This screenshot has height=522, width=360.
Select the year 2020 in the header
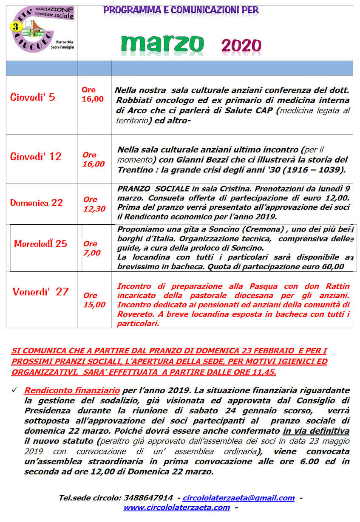(x=241, y=45)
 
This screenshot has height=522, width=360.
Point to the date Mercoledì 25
(x=41, y=244)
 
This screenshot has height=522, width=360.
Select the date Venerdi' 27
(x=40, y=292)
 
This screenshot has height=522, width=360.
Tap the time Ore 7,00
(x=91, y=248)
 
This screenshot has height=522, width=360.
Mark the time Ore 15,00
(x=94, y=300)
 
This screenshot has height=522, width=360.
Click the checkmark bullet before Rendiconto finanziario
(x=15, y=390)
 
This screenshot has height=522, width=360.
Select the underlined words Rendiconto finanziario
(x=73, y=390)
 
